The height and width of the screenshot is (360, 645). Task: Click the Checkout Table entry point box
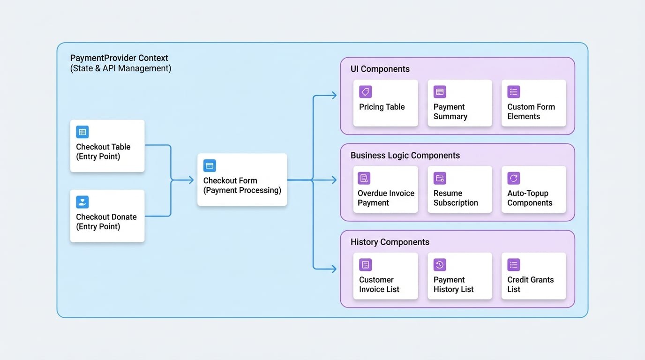click(x=107, y=146)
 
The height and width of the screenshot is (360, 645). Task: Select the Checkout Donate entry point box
click(x=107, y=216)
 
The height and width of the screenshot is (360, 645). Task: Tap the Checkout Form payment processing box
click(x=242, y=180)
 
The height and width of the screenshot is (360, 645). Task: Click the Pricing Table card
click(x=385, y=103)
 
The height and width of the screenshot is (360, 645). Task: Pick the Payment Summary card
click(x=459, y=103)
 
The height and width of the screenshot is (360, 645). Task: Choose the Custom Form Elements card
click(x=533, y=103)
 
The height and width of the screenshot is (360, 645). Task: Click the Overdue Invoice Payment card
click(x=385, y=189)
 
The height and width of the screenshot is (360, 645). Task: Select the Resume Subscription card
click(x=459, y=189)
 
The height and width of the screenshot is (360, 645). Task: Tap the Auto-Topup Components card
click(x=533, y=189)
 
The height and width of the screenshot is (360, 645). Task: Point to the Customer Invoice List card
click(x=385, y=276)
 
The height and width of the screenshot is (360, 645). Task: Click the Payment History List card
click(x=459, y=276)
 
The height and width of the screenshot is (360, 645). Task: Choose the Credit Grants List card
click(x=533, y=276)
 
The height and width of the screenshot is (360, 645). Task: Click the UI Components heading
click(x=380, y=69)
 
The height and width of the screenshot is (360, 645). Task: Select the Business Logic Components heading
click(x=405, y=156)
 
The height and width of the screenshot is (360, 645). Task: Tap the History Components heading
click(x=390, y=242)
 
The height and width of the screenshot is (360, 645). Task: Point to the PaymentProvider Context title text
click(x=119, y=58)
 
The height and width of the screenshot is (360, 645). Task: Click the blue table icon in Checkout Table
click(x=82, y=132)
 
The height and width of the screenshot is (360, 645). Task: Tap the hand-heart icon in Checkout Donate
click(x=82, y=202)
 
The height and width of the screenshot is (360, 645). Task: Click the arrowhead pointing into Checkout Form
click(x=190, y=180)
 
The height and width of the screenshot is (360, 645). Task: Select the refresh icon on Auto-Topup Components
click(x=514, y=178)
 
